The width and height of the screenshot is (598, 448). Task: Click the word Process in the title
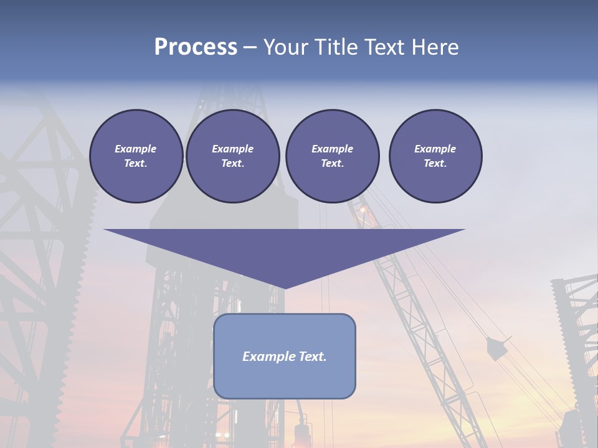196,47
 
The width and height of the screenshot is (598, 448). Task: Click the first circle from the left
136,156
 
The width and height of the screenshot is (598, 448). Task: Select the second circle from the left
233,156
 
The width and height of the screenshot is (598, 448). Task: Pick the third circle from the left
332,156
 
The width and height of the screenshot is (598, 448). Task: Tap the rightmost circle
435,156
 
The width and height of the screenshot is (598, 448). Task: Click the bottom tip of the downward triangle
285,287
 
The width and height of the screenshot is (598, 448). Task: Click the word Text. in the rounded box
312,357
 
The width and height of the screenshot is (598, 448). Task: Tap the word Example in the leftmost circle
136,149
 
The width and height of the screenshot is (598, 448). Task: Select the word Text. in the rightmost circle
435,164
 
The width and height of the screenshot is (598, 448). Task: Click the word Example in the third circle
332,149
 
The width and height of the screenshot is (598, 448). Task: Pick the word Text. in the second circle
233,164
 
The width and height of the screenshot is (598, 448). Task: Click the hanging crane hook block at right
496,349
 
